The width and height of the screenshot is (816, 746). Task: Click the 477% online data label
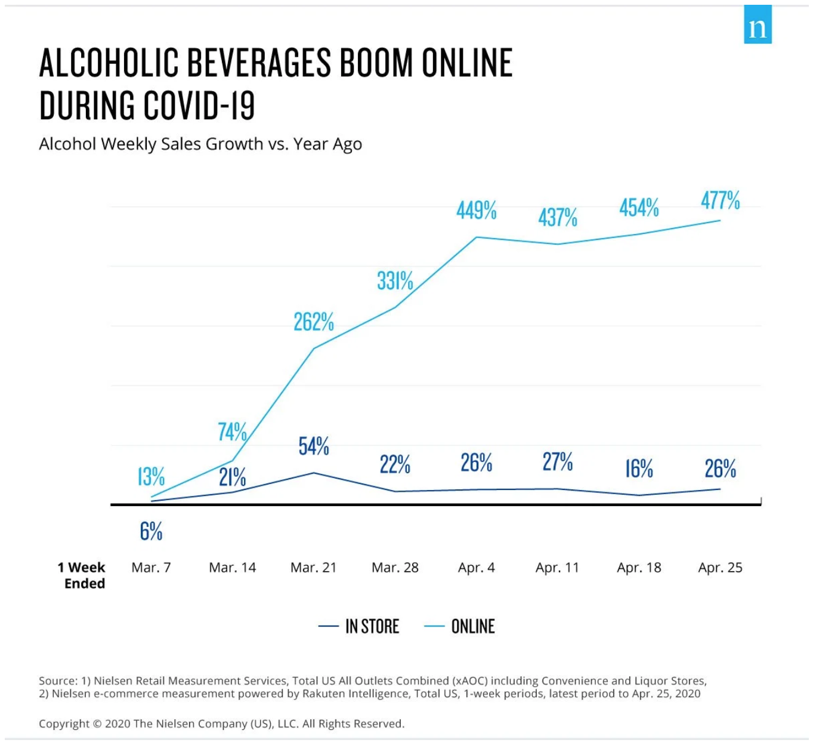(x=721, y=201)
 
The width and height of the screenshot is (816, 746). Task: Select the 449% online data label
(x=477, y=211)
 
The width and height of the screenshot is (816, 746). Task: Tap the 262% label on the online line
(x=314, y=322)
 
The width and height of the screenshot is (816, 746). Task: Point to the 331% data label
(x=395, y=280)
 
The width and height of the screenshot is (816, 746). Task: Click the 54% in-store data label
(x=314, y=446)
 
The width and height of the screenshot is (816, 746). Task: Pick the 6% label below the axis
(x=151, y=531)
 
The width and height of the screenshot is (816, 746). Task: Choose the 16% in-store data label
(x=639, y=469)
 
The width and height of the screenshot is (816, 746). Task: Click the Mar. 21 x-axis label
(x=314, y=568)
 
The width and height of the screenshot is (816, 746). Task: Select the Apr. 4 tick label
(x=477, y=568)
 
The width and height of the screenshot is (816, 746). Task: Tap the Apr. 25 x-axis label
(x=721, y=568)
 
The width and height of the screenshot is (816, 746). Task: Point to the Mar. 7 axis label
(x=151, y=568)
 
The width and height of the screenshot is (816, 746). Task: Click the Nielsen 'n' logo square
(x=758, y=25)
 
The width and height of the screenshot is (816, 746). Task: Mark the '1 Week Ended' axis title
(x=82, y=575)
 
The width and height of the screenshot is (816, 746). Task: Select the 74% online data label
(x=232, y=431)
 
